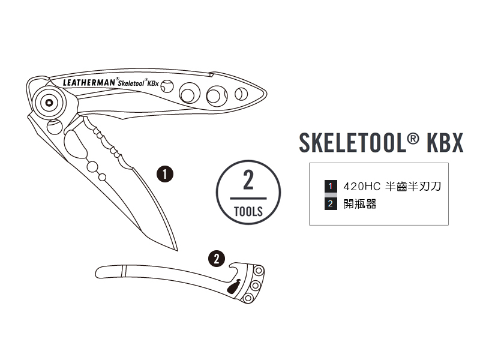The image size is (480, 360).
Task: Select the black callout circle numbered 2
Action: pos(216,259)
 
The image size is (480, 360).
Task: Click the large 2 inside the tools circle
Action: pos(248,179)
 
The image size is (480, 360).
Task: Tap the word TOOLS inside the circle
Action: pos(248,211)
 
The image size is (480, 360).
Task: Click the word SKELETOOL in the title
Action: pos(351,143)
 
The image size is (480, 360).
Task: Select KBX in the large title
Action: pos(445,143)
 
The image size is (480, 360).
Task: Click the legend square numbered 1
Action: pos(330,186)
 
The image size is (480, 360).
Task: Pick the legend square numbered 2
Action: pos(330,204)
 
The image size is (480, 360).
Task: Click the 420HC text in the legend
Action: pos(359,186)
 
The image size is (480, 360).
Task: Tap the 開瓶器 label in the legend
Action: pos(360,204)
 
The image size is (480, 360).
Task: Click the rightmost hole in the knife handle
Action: pos(241,94)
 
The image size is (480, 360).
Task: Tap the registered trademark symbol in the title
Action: pos(412,139)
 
